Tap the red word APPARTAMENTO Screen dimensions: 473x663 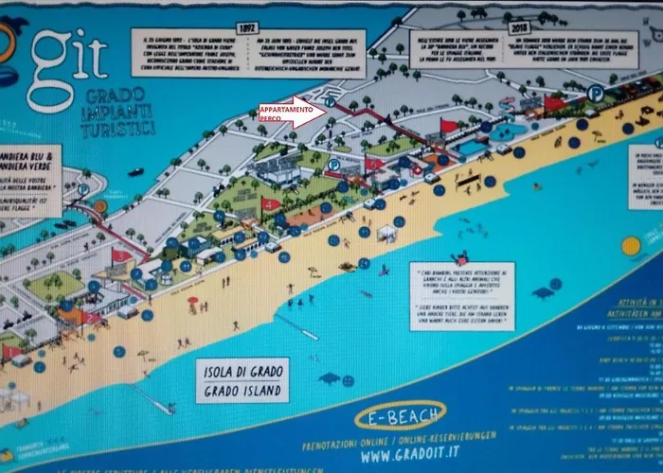click(x=286, y=112)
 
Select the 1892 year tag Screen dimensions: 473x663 click(x=248, y=29)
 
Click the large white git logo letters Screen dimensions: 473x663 click(x=71, y=47)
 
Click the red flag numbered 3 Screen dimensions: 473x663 click(x=373, y=163)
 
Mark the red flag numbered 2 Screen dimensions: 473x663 click(x=449, y=126)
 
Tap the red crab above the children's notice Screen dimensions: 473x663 click(x=460, y=257)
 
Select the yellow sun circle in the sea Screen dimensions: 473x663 click(x=631, y=246)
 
